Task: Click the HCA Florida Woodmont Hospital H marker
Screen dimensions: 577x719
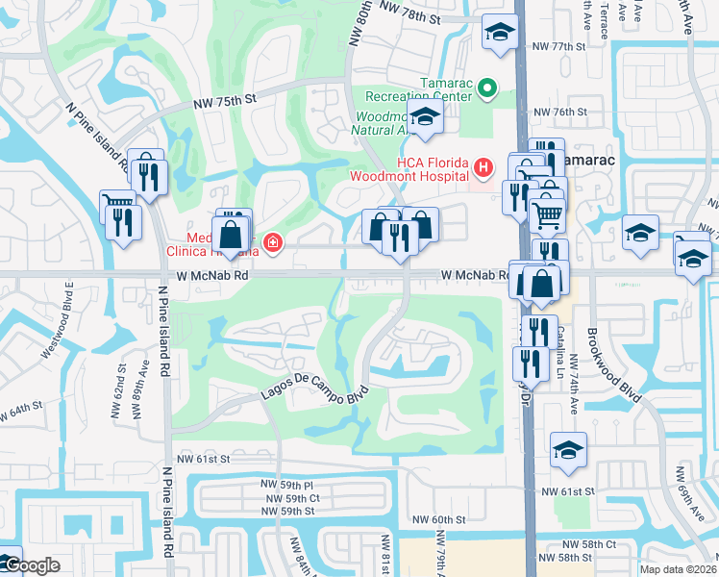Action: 483,167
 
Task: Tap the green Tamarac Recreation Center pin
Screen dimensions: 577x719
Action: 486,90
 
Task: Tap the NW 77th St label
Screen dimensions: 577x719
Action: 558,46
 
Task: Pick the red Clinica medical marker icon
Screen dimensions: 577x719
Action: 273,241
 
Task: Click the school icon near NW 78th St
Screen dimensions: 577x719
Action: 499,34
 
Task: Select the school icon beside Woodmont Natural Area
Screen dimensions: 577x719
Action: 424,119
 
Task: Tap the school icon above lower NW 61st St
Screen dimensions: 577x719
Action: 568,449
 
